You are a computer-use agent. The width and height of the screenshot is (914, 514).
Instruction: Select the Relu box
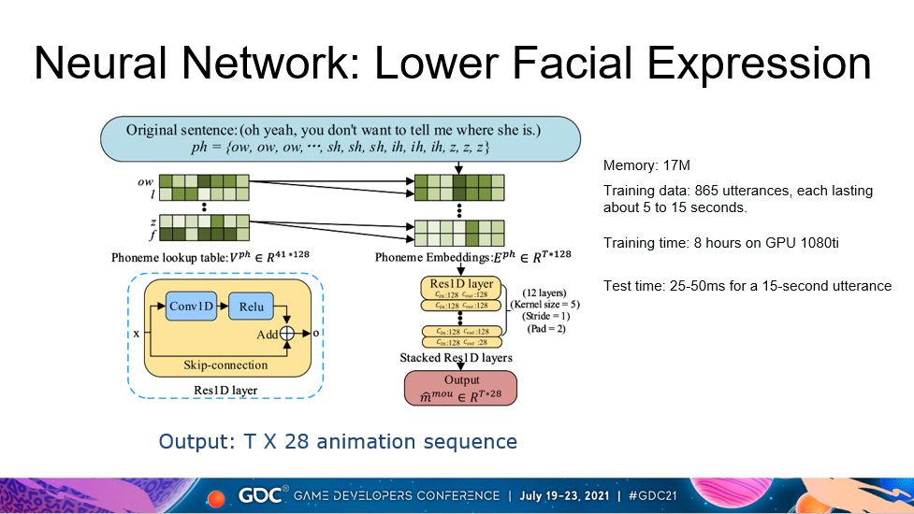coord(252,307)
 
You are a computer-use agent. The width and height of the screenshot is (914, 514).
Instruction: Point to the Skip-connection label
coord(227,364)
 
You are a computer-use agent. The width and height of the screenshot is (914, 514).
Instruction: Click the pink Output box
coord(461,388)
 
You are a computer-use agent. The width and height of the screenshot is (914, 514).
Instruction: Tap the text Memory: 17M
coord(646,166)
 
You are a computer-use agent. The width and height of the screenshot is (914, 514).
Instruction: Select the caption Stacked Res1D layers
coord(456,357)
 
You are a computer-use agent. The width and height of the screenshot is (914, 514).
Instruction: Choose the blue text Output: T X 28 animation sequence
coord(338,441)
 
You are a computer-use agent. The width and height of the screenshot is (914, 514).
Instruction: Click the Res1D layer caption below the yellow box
coord(225,390)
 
